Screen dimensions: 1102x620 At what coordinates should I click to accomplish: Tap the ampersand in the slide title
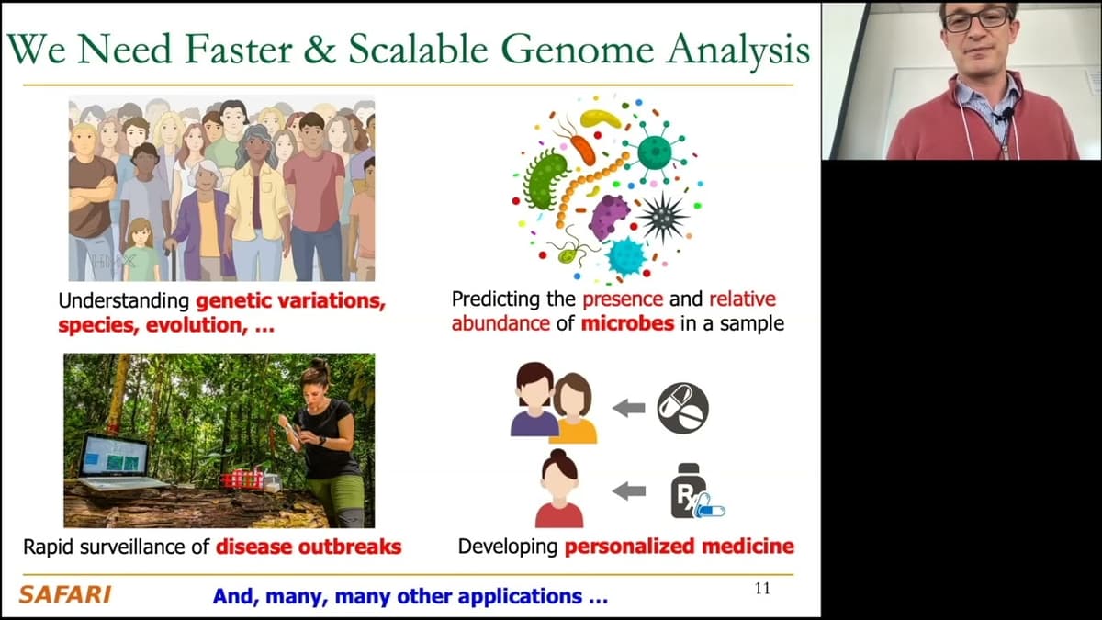pyautogui.click(x=320, y=50)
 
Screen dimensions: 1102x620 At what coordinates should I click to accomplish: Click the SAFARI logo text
pyautogui.click(x=65, y=594)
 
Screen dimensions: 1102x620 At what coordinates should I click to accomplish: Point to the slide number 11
pyautogui.click(x=762, y=589)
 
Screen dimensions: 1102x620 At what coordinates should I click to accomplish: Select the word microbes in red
pyautogui.click(x=627, y=323)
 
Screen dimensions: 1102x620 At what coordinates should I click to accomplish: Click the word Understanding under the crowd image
pyautogui.click(x=124, y=300)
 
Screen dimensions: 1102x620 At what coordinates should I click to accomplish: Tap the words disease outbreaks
pyautogui.click(x=309, y=547)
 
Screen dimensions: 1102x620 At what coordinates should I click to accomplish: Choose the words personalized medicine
pyautogui.click(x=680, y=547)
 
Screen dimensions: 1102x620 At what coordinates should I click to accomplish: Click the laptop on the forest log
pyautogui.click(x=118, y=461)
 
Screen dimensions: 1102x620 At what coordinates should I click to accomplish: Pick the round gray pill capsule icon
pyautogui.click(x=683, y=408)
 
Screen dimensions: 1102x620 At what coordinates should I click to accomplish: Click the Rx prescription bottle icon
pyautogui.click(x=696, y=491)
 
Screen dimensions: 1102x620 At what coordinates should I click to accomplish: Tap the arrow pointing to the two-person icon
pyautogui.click(x=629, y=408)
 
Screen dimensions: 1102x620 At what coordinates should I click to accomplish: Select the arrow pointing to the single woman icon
pyautogui.click(x=629, y=490)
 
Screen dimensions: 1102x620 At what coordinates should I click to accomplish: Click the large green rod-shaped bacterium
pyautogui.click(x=545, y=180)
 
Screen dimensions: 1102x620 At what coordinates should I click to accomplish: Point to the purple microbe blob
pyautogui.click(x=609, y=217)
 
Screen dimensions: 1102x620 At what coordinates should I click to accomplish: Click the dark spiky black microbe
pyautogui.click(x=662, y=217)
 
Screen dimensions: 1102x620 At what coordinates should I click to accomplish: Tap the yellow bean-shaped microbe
pyautogui.click(x=601, y=118)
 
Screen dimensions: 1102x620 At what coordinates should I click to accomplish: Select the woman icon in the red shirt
pyautogui.click(x=559, y=489)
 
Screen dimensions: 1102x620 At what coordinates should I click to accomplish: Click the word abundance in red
pyautogui.click(x=500, y=323)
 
